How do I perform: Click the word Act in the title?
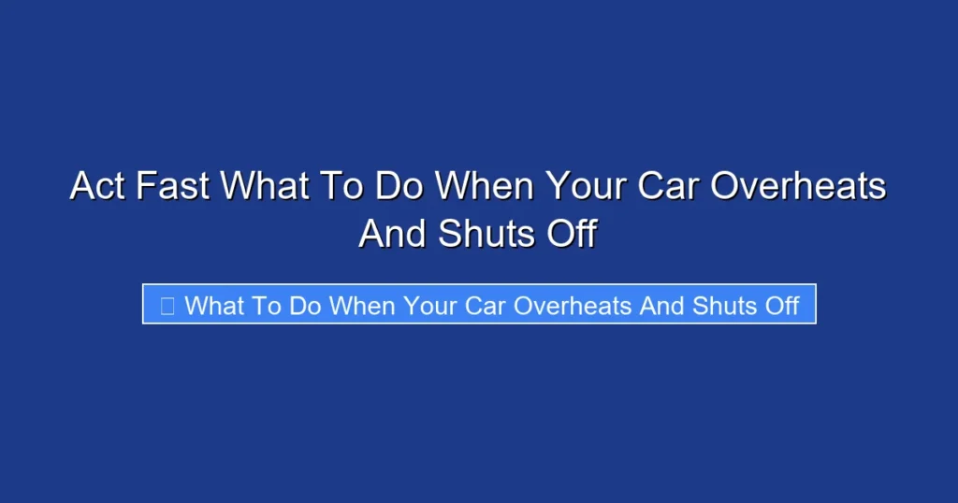pyautogui.click(x=97, y=186)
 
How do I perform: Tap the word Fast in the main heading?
pyautogui.click(x=174, y=186)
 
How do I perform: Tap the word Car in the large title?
pyautogui.click(x=668, y=186)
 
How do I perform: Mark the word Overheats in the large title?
pyautogui.click(x=798, y=186)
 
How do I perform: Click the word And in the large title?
pyautogui.click(x=392, y=233)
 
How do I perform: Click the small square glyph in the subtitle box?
pyautogui.click(x=167, y=306)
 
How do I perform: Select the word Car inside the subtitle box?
pyautogui.click(x=485, y=306)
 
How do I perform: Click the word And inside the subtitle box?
pyautogui.click(x=661, y=306)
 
